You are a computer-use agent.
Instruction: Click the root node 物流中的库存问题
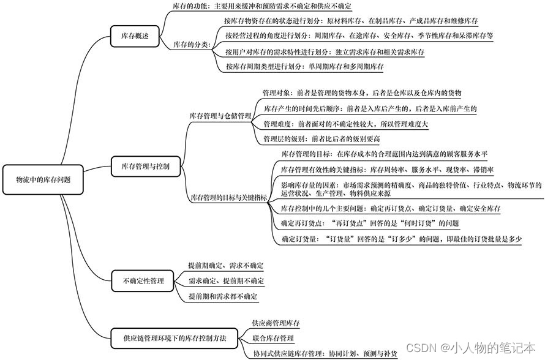click(43, 180)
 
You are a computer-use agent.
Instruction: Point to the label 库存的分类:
click(191, 44)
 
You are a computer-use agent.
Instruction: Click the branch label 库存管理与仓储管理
click(220, 115)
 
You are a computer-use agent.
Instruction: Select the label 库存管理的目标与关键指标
click(228, 197)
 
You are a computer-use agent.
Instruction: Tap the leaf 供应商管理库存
click(276, 323)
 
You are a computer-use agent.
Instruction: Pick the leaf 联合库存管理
click(273, 338)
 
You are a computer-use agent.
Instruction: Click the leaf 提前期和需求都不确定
click(223, 296)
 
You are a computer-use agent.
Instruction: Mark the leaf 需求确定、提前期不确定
click(226, 281)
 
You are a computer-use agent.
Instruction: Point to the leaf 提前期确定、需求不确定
click(226, 266)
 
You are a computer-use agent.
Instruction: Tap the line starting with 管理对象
click(361, 93)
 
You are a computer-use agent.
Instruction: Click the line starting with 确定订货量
click(400, 238)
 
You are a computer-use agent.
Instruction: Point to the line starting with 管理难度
click(345, 124)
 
